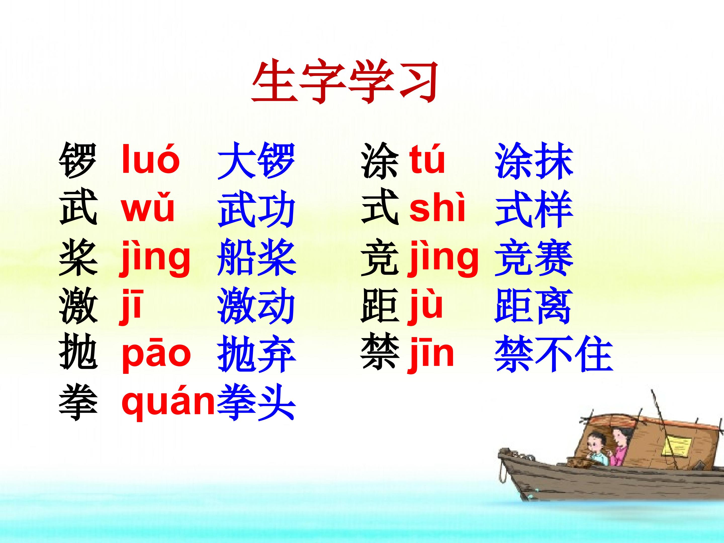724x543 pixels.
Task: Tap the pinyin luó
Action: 150,161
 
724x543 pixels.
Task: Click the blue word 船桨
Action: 256,257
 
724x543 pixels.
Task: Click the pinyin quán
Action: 168,403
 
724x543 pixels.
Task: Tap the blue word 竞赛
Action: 534,257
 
